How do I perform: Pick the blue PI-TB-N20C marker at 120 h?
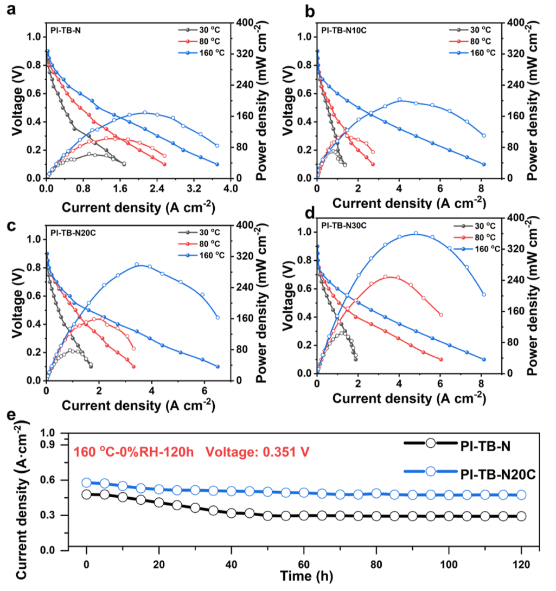click(x=521, y=494)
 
